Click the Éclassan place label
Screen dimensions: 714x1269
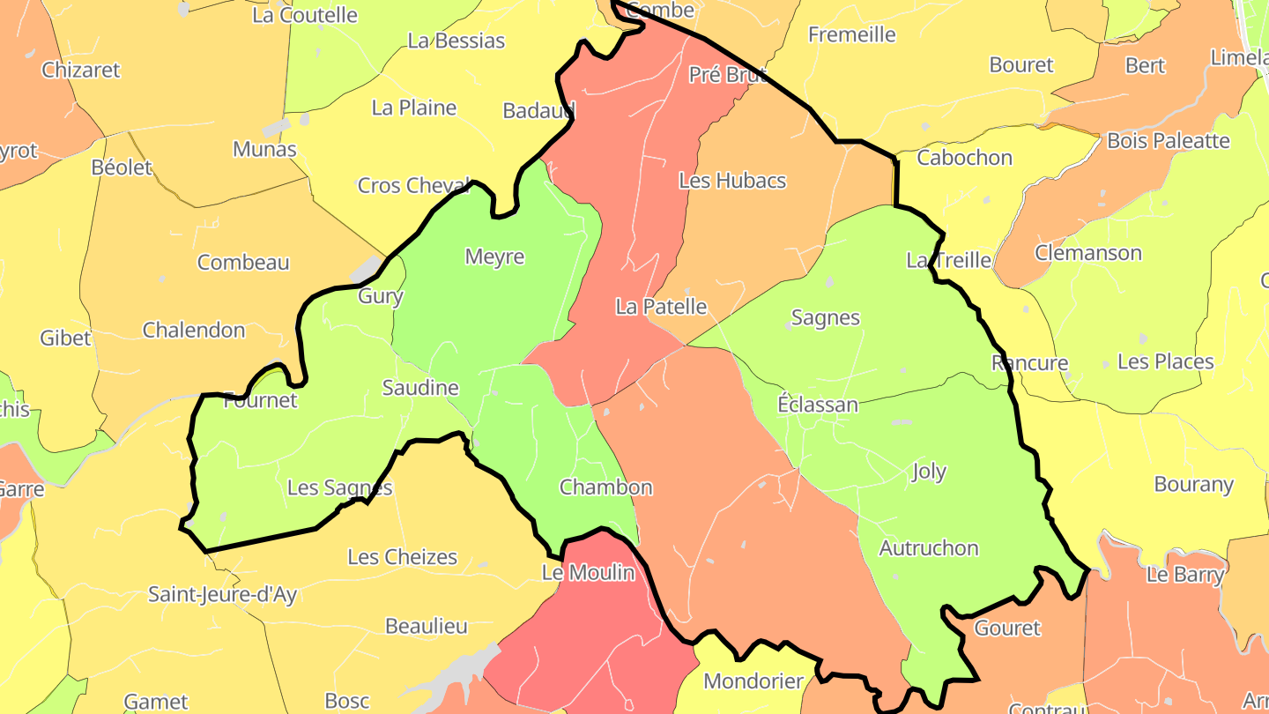(x=818, y=405)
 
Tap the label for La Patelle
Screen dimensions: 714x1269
(x=661, y=307)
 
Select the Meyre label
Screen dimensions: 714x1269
(x=494, y=257)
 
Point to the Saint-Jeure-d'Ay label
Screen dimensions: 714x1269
(x=222, y=594)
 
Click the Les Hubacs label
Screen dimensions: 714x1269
(x=732, y=181)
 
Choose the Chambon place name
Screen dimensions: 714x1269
(x=606, y=487)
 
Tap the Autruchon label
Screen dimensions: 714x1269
(x=929, y=548)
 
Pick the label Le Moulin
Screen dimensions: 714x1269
(x=588, y=573)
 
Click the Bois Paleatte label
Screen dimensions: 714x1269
(x=1168, y=140)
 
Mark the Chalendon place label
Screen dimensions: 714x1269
(x=194, y=331)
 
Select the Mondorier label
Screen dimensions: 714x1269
(x=753, y=681)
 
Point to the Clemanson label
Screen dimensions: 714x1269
(x=1087, y=253)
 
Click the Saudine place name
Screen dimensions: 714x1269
(x=420, y=388)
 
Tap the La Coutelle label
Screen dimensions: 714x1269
(x=305, y=15)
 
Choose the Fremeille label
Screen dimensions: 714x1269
(x=852, y=35)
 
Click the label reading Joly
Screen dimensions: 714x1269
(x=929, y=472)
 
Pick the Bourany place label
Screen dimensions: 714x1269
(x=1193, y=485)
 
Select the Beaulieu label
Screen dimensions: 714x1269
(x=427, y=627)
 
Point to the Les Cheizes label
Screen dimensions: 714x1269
(x=403, y=557)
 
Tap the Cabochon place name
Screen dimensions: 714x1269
(x=965, y=158)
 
